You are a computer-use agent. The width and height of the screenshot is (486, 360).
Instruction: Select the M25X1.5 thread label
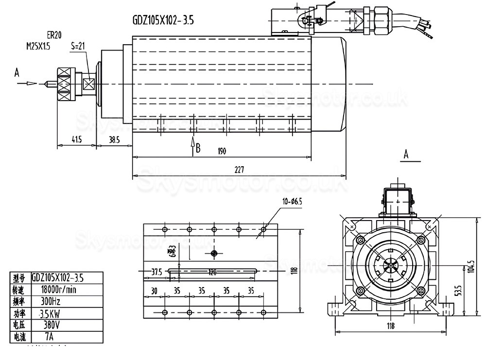[x=38, y=46]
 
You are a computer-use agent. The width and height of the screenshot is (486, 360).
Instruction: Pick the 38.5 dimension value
[x=114, y=140]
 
